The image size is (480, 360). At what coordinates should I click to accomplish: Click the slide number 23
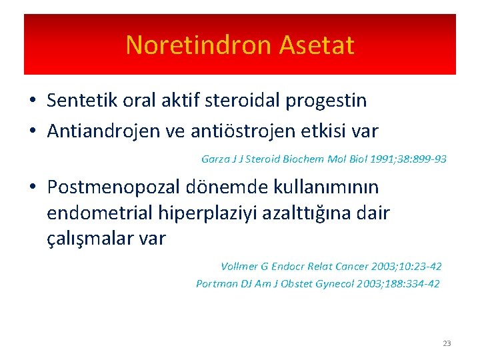click(446, 343)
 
